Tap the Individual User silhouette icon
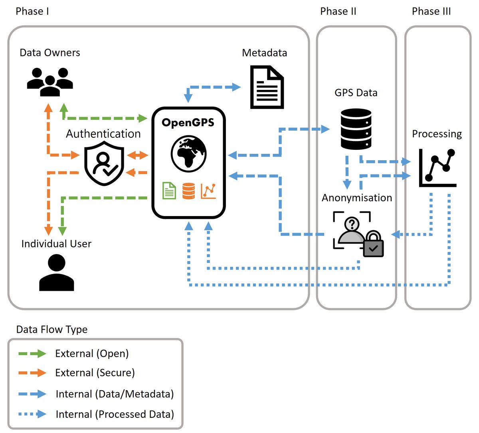(x=57, y=273)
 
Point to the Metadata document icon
(x=267, y=87)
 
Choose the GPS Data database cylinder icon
(x=356, y=129)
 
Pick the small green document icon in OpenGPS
(x=169, y=191)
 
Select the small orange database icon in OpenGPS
(x=188, y=191)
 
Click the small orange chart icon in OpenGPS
(x=208, y=191)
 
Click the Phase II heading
(x=338, y=11)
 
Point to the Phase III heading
(x=431, y=11)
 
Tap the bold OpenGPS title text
(x=188, y=122)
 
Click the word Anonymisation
(x=357, y=198)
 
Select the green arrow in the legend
(x=32, y=354)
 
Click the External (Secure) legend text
(x=95, y=373)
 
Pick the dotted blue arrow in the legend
(x=32, y=414)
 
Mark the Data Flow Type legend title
(x=52, y=330)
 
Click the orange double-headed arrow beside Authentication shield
(x=137, y=155)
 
